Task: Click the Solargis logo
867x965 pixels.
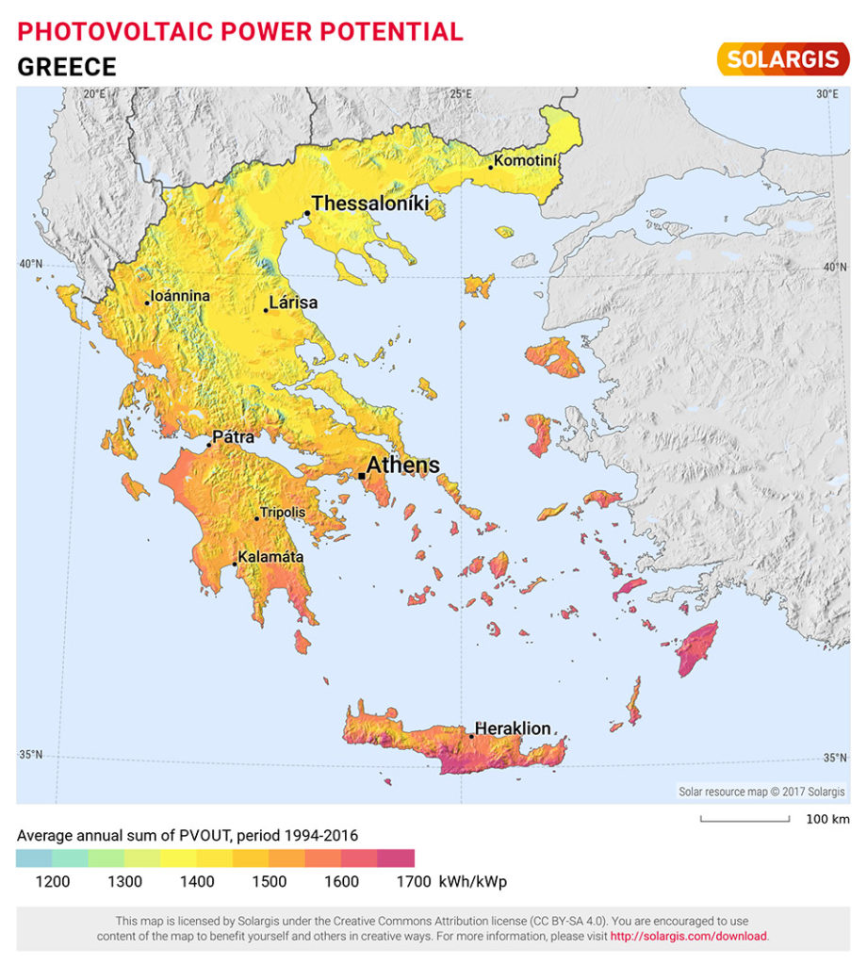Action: (782, 58)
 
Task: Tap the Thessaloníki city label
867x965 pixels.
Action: (370, 204)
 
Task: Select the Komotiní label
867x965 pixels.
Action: (527, 161)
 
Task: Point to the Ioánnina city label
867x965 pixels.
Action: (180, 296)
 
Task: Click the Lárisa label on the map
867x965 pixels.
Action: (293, 303)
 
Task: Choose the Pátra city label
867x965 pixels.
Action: (234, 438)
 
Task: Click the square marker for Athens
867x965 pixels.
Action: (362, 476)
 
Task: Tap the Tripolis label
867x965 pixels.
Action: (283, 512)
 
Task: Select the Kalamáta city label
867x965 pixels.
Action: (270, 557)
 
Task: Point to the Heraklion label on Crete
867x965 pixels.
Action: (513, 728)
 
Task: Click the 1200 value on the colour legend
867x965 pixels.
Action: (53, 882)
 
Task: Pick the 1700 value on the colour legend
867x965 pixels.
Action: (414, 882)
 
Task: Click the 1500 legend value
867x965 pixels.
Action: (270, 882)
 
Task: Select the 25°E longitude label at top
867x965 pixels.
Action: (461, 93)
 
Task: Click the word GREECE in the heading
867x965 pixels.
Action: (67, 67)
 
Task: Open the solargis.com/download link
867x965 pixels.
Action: (689, 937)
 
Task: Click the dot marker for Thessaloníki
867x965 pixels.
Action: (307, 213)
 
